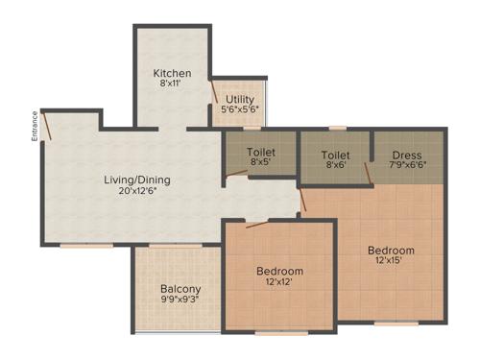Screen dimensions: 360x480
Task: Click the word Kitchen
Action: tap(173, 74)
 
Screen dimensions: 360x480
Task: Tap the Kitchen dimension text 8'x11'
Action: tap(173, 85)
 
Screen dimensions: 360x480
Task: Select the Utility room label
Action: tap(241, 99)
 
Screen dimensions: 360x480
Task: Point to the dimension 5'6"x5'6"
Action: tap(240, 110)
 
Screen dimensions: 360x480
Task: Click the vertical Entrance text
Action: tap(35, 127)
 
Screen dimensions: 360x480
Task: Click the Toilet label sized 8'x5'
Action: tap(261, 152)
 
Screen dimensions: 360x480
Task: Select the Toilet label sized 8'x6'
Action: tap(335, 154)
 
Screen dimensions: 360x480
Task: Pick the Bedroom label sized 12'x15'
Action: tap(392, 251)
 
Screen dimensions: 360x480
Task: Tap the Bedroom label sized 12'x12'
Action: tap(279, 271)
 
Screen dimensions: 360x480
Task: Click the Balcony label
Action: tap(180, 289)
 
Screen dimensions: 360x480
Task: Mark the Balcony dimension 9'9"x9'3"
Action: tap(180, 300)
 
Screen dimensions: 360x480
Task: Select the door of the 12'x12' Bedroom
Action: tap(256, 226)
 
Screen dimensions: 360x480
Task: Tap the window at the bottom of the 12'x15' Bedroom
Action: tap(391, 323)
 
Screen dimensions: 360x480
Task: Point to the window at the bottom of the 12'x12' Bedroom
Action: tap(281, 333)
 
